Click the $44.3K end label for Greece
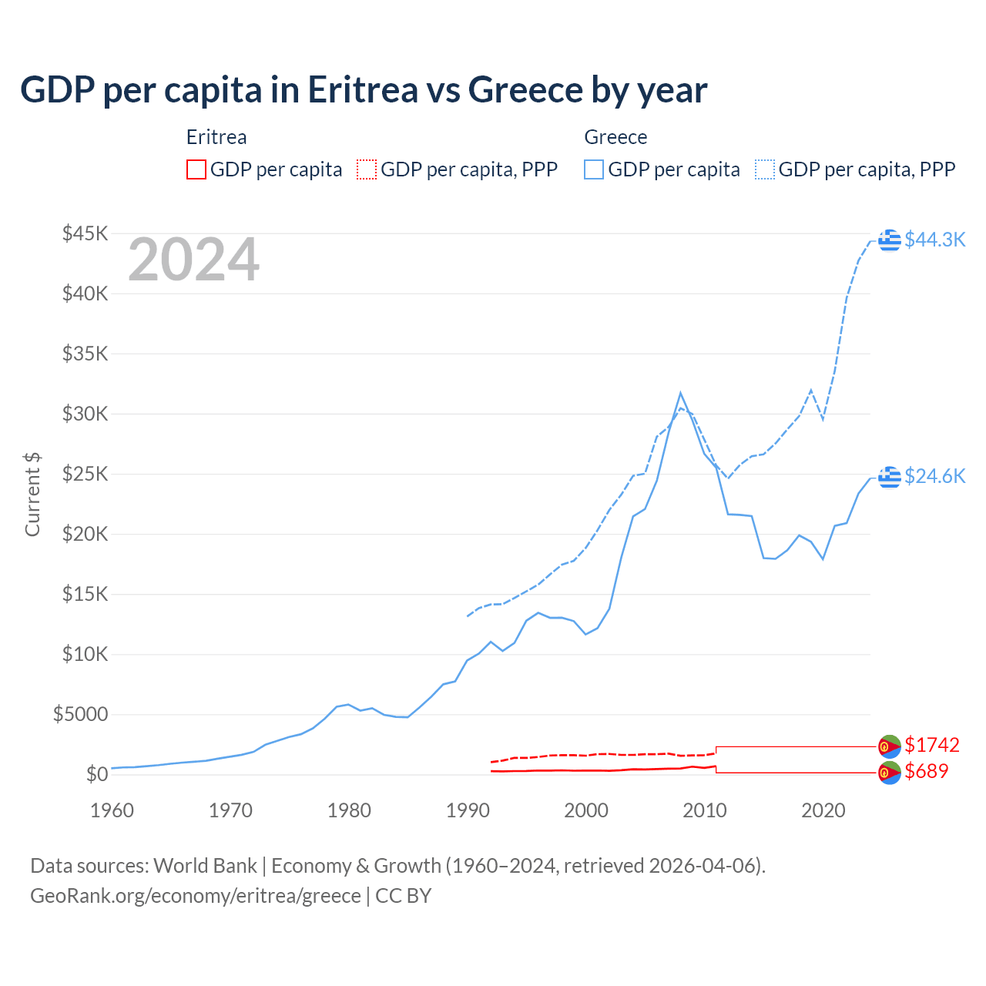[x=934, y=240]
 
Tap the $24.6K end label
[x=934, y=476]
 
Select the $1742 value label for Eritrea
[x=931, y=745]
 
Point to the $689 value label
[x=926, y=771]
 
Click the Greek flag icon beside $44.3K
[x=890, y=240]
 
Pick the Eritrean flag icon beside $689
[x=890, y=773]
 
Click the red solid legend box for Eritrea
[x=196, y=169]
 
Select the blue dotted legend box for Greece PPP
[x=765, y=169]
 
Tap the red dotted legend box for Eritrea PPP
[x=367, y=169]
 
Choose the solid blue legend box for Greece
[x=594, y=169]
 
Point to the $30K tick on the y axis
[x=86, y=414]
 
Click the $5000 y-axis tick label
[x=80, y=714]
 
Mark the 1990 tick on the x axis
[x=468, y=810]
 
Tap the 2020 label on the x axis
[x=823, y=810]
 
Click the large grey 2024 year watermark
[x=193, y=260]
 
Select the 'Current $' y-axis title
[x=32, y=495]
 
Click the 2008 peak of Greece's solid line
[x=680, y=393]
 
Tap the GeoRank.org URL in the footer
[x=196, y=896]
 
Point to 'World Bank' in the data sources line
[x=205, y=866]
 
